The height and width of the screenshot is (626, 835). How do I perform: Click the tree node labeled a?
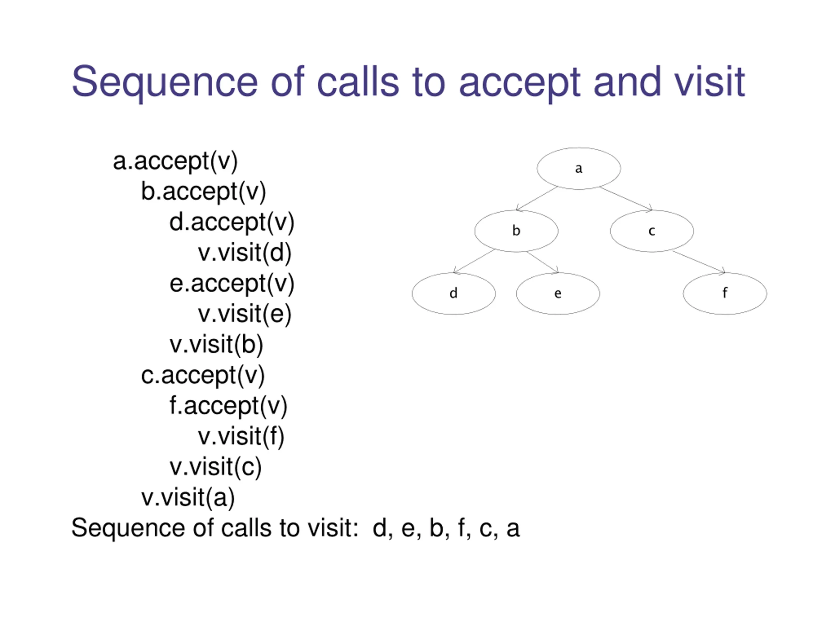579,168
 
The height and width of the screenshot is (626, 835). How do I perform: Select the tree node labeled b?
516,231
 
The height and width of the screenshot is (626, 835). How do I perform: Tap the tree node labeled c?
652,231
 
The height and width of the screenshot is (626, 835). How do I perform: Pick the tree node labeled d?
453,293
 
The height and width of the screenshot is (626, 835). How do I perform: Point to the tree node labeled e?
558,293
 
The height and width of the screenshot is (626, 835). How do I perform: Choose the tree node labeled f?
725,293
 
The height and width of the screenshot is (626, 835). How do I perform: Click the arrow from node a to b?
537,199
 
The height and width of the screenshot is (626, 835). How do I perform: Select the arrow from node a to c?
626,199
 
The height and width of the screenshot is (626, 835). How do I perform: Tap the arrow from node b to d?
474,261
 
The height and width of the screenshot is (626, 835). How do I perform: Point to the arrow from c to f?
699,261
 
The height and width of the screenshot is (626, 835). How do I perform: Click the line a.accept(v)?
175,161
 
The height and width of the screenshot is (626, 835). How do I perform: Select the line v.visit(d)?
245,253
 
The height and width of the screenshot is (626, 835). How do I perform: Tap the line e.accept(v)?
232,284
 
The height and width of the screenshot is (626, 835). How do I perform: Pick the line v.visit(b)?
216,345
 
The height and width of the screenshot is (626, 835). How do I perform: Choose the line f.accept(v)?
228,406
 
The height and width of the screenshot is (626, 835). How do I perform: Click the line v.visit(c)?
216,468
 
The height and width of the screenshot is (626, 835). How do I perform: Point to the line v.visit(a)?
188,498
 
